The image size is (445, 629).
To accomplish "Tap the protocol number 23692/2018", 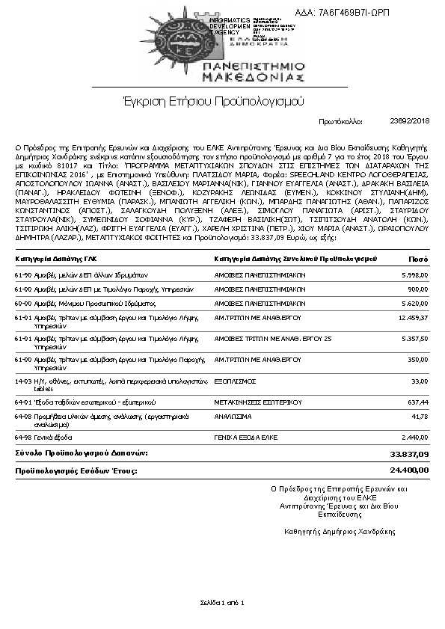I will tap(410, 120).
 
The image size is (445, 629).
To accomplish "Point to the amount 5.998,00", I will tap(414, 274).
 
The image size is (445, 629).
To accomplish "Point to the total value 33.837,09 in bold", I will tap(409, 454).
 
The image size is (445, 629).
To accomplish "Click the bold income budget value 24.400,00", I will tap(409, 470).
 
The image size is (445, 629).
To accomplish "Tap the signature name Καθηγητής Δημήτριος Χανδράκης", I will tap(339, 532).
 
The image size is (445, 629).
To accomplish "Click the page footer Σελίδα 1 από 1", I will tap(222, 602).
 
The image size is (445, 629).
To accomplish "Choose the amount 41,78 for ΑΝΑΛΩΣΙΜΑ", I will tap(419, 416).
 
